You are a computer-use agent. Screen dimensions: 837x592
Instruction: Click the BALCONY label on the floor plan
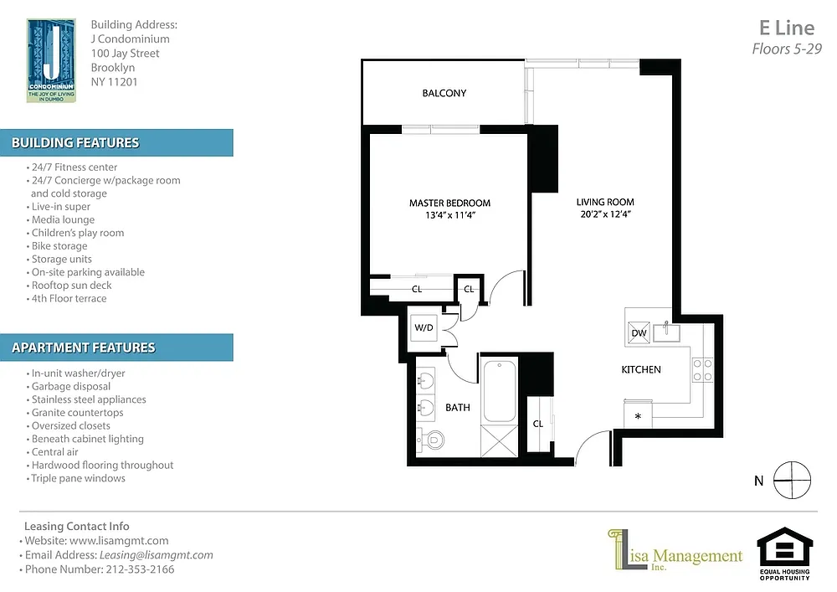[444, 94]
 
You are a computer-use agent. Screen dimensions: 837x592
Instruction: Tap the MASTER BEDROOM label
[449, 203]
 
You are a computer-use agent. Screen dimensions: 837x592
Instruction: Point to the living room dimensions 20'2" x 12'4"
[605, 214]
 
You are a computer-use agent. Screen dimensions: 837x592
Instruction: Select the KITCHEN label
[641, 369]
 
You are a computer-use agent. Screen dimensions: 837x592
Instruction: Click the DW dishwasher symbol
[639, 332]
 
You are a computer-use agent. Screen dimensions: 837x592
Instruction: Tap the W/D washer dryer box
[424, 327]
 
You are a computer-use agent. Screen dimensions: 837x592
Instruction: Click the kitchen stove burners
[702, 370]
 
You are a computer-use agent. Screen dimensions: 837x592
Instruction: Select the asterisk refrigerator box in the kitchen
[638, 414]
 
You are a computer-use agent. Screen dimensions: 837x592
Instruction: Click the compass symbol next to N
[792, 480]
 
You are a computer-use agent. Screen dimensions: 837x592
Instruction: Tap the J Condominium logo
[51, 60]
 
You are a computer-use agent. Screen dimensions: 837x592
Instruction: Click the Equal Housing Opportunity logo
[785, 553]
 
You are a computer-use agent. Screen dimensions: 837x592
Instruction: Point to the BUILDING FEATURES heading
[75, 143]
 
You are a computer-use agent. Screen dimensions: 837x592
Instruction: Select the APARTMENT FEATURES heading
[83, 348]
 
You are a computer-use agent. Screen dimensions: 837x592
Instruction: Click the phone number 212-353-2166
[140, 569]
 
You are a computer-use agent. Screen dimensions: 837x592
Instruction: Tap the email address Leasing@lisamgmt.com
[156, 555]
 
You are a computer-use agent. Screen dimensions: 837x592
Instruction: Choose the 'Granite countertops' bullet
[74, 413]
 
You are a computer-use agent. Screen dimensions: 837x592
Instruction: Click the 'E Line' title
[787, 28]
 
